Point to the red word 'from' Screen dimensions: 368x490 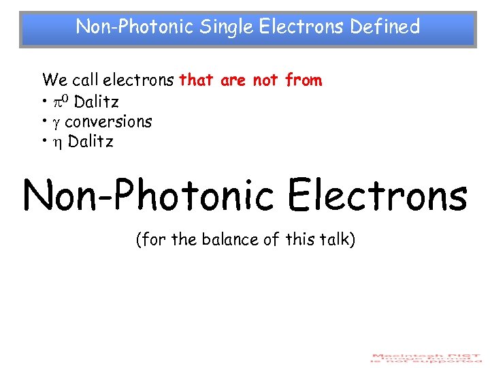tap(304, 80)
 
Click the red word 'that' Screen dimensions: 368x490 tap(196, 80)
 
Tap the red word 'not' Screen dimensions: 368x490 tap(265, 80)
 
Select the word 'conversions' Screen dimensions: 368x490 tap(108, 122)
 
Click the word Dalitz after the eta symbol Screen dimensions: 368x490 tap(91, 142)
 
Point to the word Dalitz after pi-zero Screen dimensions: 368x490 tap(96, 102)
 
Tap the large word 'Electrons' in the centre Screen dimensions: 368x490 tap(378, 196)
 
